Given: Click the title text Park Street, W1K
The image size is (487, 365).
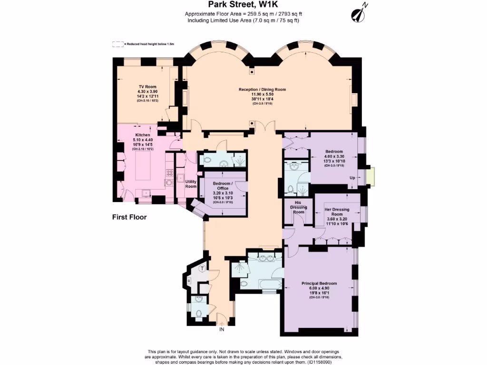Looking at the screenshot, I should pos(243,6).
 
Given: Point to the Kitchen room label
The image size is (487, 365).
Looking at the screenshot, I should pos(143,135).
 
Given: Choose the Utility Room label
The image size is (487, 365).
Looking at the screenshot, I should pos(191,184).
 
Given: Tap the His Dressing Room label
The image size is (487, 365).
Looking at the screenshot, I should pos(298,207).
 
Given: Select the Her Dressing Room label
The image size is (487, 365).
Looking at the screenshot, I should pos(337,212).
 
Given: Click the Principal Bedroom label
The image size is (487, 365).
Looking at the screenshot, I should pos(319,284).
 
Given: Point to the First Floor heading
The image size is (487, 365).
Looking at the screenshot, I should pos(129,217).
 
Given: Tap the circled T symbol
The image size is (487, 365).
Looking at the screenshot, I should pos(203,269).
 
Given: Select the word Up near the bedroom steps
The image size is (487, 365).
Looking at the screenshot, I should pos(352,178).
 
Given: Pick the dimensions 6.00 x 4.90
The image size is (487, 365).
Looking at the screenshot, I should pos(319,288).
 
